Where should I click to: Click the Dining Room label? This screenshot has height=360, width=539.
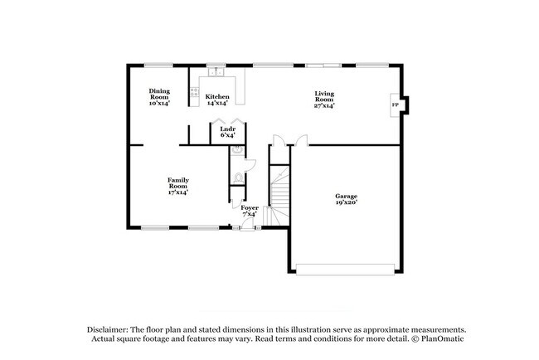(x=158, y=94)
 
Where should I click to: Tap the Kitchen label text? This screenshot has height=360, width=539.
(x=217, y=96)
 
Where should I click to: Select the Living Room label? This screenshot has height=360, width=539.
(x=324, y=96)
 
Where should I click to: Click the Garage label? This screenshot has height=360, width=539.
(x=346, y=196)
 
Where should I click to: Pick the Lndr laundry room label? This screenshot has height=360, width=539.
(x=227, y=129)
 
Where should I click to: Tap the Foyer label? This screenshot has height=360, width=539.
(x=250, y=207)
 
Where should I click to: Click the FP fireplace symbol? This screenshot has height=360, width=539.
(x=395, y=105)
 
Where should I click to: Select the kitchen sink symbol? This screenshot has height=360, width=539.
(x=218, y=71)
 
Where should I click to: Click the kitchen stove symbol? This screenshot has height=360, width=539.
(x=194, y=92)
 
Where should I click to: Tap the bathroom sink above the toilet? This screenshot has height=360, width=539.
(x=237, y=150)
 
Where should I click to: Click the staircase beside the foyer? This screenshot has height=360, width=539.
(x=281, y=195)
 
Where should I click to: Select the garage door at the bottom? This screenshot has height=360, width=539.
(x=346, y=268)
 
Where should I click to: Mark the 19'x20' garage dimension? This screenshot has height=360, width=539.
(x=346, y=202)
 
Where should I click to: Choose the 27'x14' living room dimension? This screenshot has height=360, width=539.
(x=324, y=105)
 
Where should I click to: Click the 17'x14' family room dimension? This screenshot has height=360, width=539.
(x=177, y=192)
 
